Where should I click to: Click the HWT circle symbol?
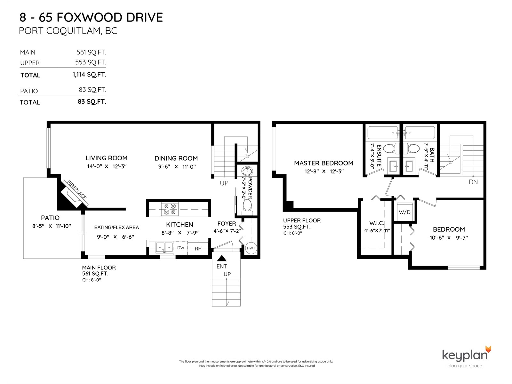point(251,248)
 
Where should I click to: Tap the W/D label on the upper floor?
point(404,212)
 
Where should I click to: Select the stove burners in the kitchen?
point(170,209)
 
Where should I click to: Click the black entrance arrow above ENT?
point(221,258)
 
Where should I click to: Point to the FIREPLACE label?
point(77,190)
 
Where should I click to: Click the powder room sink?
point(247,171)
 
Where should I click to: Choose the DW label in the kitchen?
point(180,248)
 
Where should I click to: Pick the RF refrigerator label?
point(197,249)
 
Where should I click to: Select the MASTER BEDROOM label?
point(324,163)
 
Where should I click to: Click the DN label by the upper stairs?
point(473,182)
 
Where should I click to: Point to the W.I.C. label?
point(376,223)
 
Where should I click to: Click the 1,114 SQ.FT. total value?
point(89,75)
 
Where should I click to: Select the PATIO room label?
point(50,218)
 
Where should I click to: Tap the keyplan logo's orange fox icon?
point(488,349)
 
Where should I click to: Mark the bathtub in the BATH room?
point(420,133)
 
